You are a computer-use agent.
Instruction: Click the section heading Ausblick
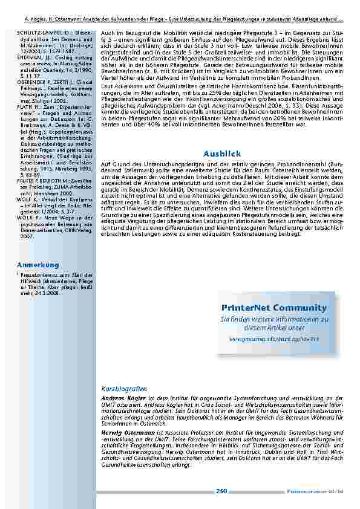pyautogui.click(x=223, y=137)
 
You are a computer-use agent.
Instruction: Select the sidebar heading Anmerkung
pyautogui.click(x=38, y=265)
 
